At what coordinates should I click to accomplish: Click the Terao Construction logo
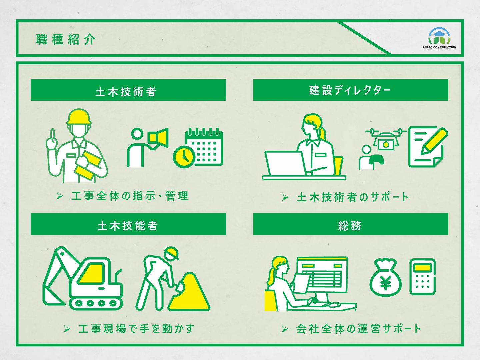point(439,38)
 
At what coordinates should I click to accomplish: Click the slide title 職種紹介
point(66,39)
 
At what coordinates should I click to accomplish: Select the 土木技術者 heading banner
point(128,90)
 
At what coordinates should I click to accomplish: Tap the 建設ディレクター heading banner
point(350,90)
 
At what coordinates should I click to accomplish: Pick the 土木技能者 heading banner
point(128,224)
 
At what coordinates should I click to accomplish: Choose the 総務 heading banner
point(350,224)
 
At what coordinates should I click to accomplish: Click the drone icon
point(386,138)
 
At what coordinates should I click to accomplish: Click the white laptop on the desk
point(284,163)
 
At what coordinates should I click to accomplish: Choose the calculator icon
point(422,276)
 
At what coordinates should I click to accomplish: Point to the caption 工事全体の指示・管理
point(130,196)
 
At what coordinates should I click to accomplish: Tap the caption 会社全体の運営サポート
point(359,329)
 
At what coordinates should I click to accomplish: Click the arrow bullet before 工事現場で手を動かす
point(67,329)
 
